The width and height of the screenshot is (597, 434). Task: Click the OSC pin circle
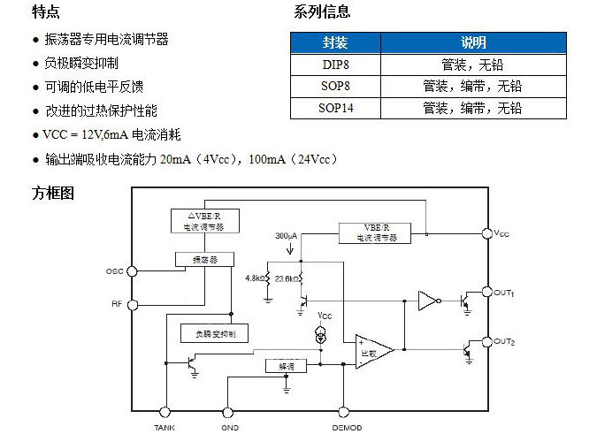click(133, 270)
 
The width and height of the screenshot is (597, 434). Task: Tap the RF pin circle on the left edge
click(133, 305)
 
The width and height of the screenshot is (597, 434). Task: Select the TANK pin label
click(165, 427)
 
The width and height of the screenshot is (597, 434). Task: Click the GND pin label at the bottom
click(229, 427)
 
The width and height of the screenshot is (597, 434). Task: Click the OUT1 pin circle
click(486, 292)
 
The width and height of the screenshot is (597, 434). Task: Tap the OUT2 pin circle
click(486, 341)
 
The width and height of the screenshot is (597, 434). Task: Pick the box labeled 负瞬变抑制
click(213, 333)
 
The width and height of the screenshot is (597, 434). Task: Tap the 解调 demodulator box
click(287, 364)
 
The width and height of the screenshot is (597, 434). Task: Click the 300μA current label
click(287, 237)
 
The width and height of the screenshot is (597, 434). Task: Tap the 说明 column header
click(473, 42)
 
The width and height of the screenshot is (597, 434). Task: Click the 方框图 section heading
click(53, 193)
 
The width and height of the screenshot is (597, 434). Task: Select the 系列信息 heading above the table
click(322, 12)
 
